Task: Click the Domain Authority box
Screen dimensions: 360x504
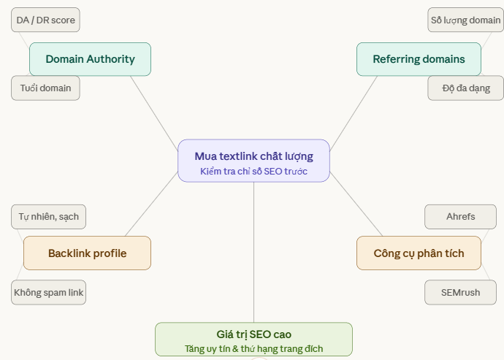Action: click(x=90, y=59)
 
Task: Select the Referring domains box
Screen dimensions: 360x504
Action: click(x=419, y=59)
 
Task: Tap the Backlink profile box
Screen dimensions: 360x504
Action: click(x=87, y=253)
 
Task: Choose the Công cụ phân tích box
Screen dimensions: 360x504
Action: click(x=419, y=253)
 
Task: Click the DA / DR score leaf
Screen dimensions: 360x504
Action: click(x=45, y=20)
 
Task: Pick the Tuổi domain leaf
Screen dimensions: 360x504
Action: click(x=45, y=88)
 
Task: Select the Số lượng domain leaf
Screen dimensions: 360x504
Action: click(x=465, y=20)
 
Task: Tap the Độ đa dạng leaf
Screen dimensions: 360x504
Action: click(x=465, y=88)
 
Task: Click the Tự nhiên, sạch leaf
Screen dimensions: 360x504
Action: click(x=49, y=216)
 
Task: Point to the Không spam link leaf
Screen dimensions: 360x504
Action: click(x=49, y=293)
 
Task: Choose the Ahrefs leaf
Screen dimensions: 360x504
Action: click(x=460, y=216)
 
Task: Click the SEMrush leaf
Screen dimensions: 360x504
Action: click(x=460, y=292)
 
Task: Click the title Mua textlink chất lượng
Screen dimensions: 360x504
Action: click(x=253, y=156)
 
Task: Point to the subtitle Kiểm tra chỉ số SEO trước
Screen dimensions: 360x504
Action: click(x=253, y=172)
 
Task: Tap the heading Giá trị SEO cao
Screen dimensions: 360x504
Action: click(x=253, y=334)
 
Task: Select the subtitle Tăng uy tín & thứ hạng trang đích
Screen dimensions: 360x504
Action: click(x=253, y=349)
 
